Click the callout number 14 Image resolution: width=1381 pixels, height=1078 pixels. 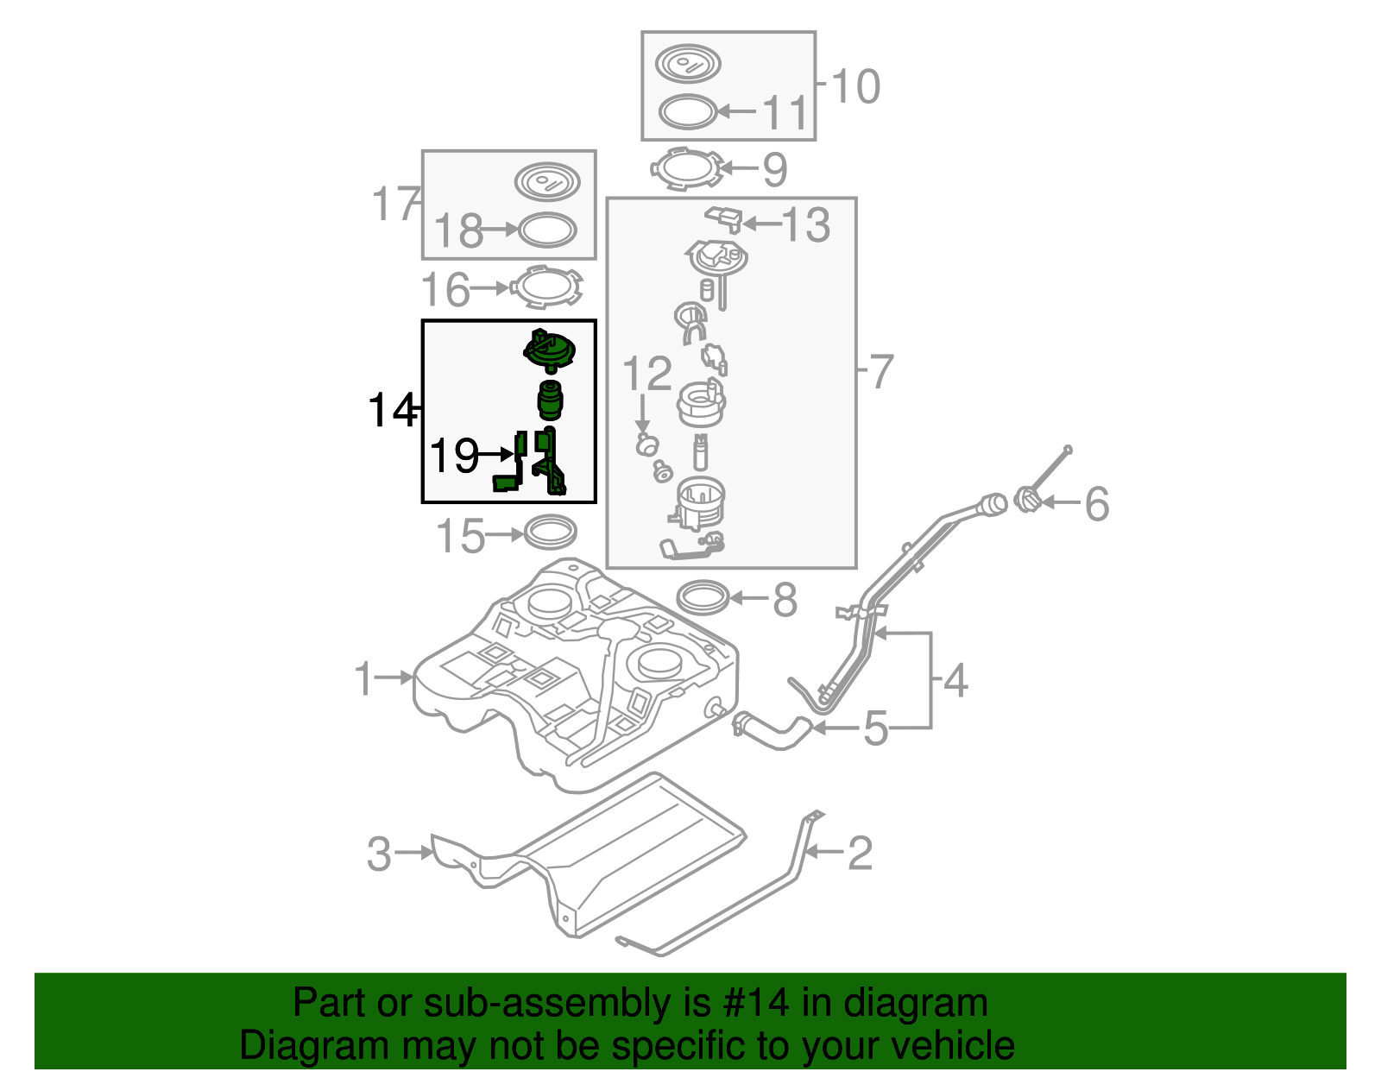click(x=391, y=411)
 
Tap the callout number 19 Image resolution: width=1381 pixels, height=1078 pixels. click(x=454, y=455)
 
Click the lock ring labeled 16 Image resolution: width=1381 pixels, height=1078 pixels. click(x=545, y=287)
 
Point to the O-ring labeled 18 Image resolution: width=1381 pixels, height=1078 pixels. click(x=546, y=230)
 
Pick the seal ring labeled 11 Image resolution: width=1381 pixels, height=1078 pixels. click(x=688, y=112)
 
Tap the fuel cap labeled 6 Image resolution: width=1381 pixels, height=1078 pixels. click(x=1027, y=500)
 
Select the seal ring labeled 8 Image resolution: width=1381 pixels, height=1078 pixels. click(x=703, y=597)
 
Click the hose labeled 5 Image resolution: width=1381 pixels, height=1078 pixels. click(x=772, y=731)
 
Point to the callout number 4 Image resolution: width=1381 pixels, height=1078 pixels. click(x=955, y=681)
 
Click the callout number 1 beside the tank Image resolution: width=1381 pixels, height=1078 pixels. click(x=364, y=678)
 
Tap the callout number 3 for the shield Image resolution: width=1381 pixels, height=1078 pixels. click(x=379, y=854)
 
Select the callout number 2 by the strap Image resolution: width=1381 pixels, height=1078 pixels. click(x=860, y=854)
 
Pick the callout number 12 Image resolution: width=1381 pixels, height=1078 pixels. click(x=646, y=374)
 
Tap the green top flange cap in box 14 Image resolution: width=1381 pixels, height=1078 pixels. click(x=550, y=351)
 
